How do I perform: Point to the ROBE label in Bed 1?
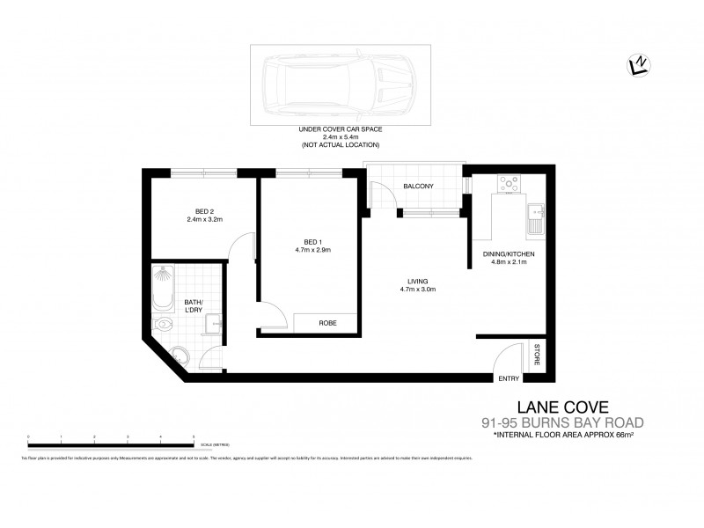click(x=327, y=323)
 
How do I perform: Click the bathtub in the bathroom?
click(x=164, y=289)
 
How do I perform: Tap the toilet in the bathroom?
click(x=179, y=356)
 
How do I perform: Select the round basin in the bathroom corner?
click(x=209, y=327)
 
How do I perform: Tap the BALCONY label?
click(x=417, y=187)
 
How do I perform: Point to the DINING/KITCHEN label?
click(x=509, y=253)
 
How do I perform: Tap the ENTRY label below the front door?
click(x=508, y=379)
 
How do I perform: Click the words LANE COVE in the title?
click(x=550, y=406)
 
